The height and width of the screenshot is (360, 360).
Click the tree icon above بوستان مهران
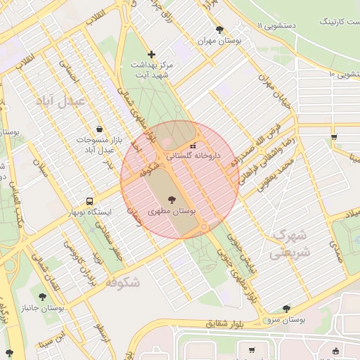219,30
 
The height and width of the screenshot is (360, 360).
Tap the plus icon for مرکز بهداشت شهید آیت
151,54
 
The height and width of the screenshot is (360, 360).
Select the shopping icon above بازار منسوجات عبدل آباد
99,129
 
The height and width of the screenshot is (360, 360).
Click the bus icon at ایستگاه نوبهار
89,201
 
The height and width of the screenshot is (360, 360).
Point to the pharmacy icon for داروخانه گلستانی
193,145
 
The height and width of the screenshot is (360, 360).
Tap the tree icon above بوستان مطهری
172,200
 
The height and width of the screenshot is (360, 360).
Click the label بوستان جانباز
62,308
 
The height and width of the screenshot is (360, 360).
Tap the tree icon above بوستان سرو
285,308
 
